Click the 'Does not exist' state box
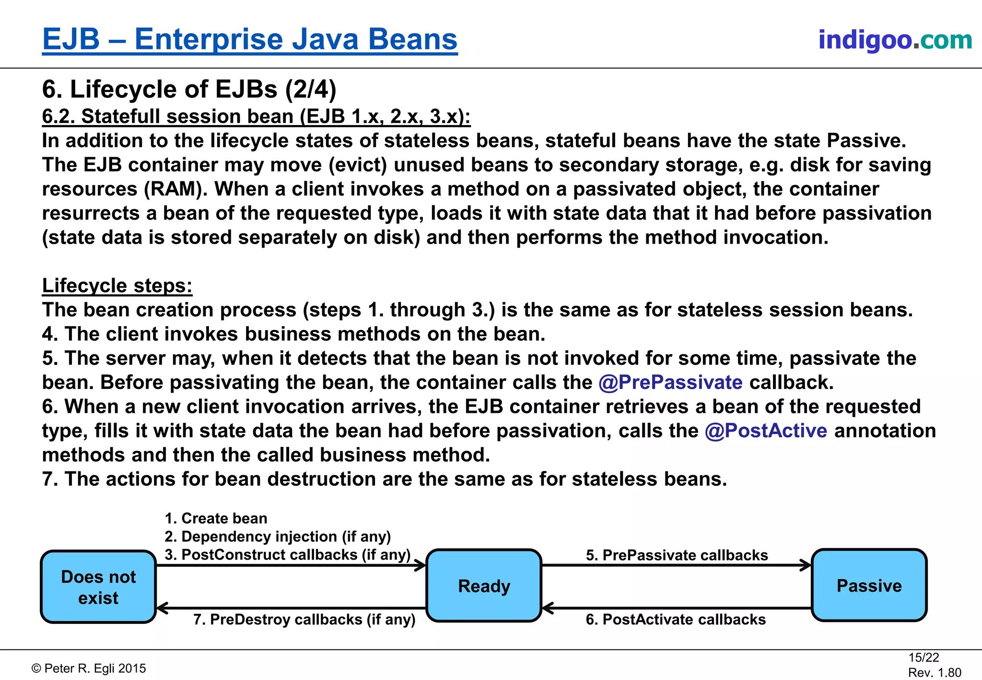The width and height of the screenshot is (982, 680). point(98,587)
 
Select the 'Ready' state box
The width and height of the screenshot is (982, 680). point(484,586)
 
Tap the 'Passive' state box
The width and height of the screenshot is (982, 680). point(869,586)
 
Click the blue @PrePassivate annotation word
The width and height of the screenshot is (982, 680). point(670,383)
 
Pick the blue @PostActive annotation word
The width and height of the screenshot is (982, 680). point(766,431)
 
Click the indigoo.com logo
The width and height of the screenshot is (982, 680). point(895,40)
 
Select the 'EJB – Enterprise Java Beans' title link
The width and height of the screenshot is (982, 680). point(250,39)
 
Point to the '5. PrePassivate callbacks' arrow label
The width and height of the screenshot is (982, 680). point(677,555)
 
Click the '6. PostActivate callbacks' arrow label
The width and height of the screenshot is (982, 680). point(676,620)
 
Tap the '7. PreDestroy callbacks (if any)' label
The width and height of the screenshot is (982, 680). point(304,620)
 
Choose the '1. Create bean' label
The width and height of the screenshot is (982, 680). point(216,518)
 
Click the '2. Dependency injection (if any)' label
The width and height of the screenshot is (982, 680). point(278,537)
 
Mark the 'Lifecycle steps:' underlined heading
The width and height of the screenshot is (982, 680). point(117,286)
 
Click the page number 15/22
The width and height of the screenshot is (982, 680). point(924,657)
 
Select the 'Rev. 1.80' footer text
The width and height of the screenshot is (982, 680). point(935,672)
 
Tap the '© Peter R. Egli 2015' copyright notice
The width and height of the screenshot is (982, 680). point(89,668)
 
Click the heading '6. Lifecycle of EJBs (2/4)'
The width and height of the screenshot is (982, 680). point(189,90)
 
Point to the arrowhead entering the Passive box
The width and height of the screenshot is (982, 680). point(806,565)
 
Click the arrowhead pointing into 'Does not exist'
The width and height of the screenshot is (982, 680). point(163,608)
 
